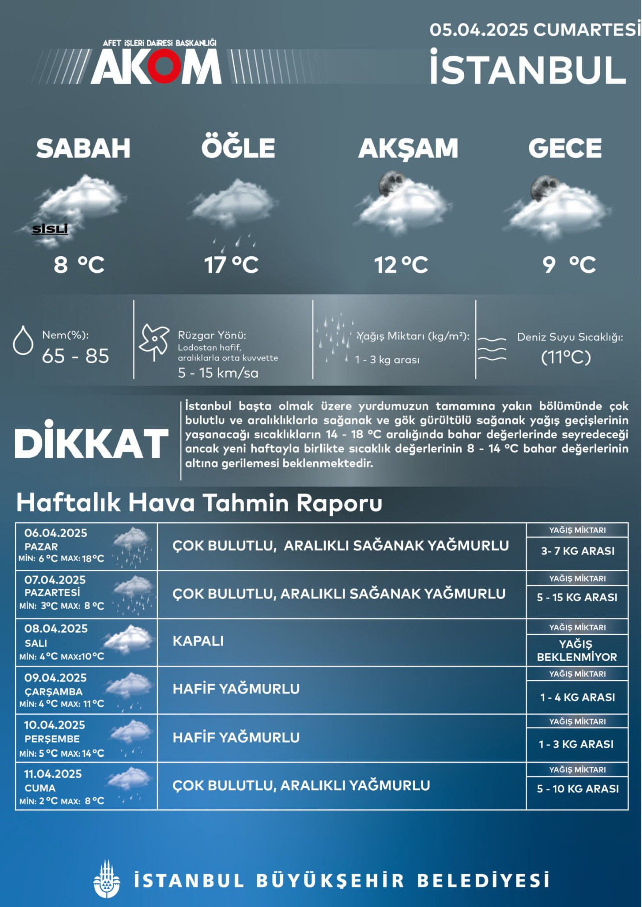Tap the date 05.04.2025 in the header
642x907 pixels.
click(x=478, y=30)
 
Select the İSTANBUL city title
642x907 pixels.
click(x=528, y=69)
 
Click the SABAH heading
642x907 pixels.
click(x=83, y=148)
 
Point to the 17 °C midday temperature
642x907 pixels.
click(x=231, y=265)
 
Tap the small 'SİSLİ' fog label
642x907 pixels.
click(x=50, y=229)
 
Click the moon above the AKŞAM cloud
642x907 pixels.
click(x=391, y=183)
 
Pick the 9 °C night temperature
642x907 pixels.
click(x=569, y=265)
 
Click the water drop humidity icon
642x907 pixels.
click(x=23, y=341)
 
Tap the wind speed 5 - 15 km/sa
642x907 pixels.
click(x=218, y=373)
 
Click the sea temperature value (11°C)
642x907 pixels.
click(x=566, y=357)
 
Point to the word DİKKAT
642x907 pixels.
click(x=91, y=442)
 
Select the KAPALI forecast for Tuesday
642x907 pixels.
click(x=198, y=641)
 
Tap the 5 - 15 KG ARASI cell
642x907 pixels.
click(x=577, y=597)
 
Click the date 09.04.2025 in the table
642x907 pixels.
click(x=55, y=678)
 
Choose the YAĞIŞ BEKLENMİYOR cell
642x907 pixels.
click(x=577, y=650)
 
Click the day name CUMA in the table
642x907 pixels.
click(x=40, y=788)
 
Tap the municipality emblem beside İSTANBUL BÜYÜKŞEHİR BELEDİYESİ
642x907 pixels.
click(x=107, y=880)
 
